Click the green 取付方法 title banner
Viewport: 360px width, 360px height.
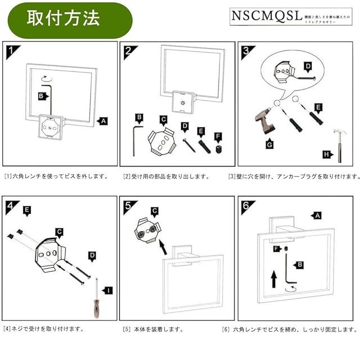[66, 18]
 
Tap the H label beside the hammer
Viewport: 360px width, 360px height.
[326, 155]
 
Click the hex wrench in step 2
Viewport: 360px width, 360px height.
[134, 140]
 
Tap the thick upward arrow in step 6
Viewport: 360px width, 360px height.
[274, 277]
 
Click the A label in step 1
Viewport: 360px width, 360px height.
[101, 120]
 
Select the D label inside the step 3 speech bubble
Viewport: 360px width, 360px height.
[308, 66]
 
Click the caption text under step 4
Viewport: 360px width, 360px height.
[43, 328]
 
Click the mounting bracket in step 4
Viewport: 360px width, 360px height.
[51, 253]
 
